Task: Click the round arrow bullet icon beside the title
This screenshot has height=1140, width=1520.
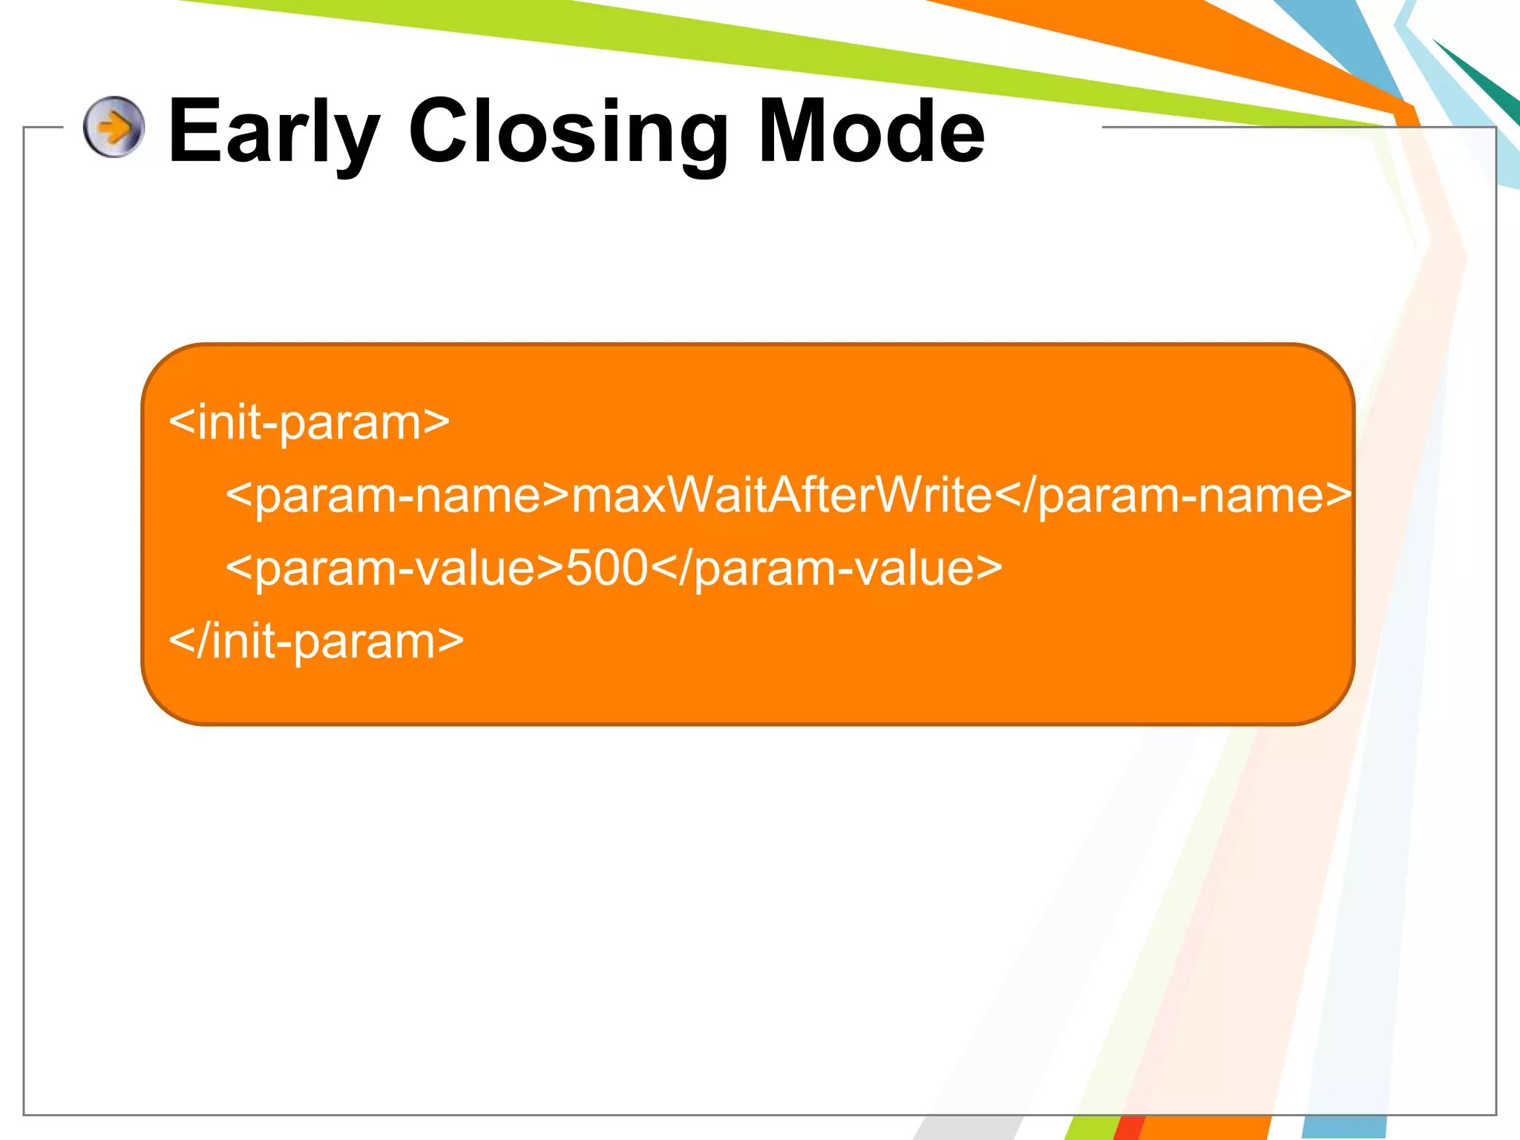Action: point(114,127)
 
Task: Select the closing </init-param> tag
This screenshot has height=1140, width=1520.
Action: point(316,641)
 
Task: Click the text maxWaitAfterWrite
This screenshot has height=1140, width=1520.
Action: point(782,495)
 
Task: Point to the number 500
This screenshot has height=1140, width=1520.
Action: point(607,569)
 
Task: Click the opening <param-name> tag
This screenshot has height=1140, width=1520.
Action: point(397,495)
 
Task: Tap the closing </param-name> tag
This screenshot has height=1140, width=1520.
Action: point(1173,495)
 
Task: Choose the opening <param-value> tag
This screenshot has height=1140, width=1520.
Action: point(394,569)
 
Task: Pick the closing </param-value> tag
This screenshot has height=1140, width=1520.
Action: point(826,569)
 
